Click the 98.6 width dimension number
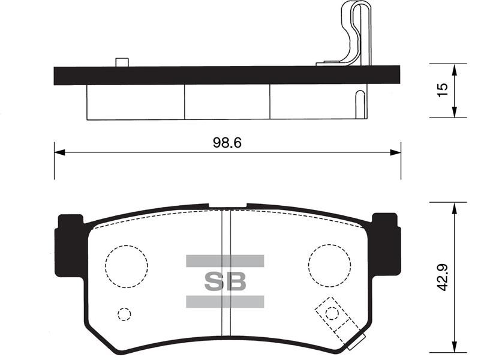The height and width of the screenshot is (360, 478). [x=227, y=143]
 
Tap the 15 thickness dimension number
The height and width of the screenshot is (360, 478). [x=443, y=91]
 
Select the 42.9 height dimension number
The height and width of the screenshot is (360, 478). [x=442, y=277]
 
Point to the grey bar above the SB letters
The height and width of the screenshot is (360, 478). [x=225, y=261]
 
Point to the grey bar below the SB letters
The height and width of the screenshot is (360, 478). [x=225, y=301]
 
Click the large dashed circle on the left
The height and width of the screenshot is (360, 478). [x=105, y=266]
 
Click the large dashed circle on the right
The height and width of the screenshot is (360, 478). [x=308, y=265]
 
